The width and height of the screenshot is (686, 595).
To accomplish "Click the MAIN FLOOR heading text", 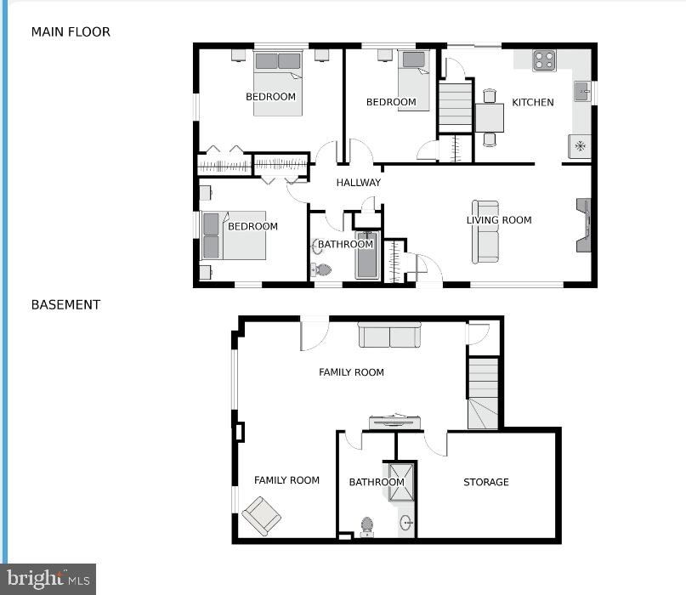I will (71, 32).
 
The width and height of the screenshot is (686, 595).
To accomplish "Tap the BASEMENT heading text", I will (65, 304).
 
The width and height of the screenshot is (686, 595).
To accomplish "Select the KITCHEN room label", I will (532, 102).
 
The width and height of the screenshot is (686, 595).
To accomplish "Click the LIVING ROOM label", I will (499, 220).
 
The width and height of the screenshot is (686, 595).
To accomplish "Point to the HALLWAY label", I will (358, 183).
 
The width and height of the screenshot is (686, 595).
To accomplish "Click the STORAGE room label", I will (485, 482).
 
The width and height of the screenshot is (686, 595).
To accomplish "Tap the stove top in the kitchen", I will (543, 60).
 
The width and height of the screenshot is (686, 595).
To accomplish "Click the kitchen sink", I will (582, 91).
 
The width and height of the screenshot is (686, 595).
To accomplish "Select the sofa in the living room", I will (486, 232).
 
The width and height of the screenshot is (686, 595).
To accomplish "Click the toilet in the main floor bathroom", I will (321, 270).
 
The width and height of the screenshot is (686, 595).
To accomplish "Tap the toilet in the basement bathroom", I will (367, 527).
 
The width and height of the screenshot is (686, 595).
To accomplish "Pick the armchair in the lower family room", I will (261, 516).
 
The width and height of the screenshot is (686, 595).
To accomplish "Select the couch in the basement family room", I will (389, 335).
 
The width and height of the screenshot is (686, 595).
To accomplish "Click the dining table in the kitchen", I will (490, 116).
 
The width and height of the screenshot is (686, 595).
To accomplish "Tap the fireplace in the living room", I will (583, 226).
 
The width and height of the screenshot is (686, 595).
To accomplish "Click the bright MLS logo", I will (48, 579).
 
